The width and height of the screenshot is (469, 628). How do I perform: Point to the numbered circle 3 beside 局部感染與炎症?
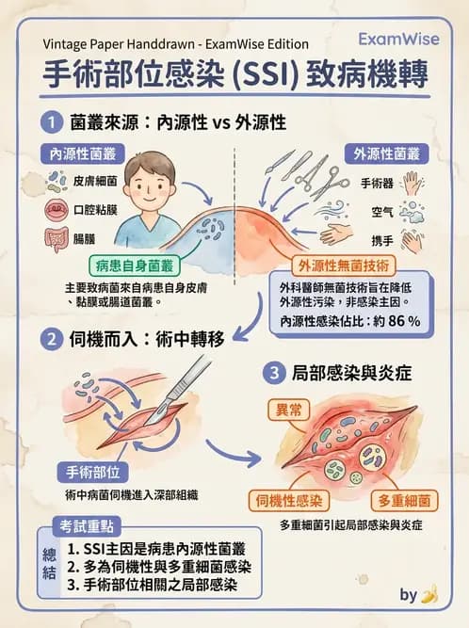[x=273, y=374]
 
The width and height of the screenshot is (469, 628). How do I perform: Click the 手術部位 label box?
[x=89, y=472]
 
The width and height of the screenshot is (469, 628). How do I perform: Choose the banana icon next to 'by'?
[x=430, y=594]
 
